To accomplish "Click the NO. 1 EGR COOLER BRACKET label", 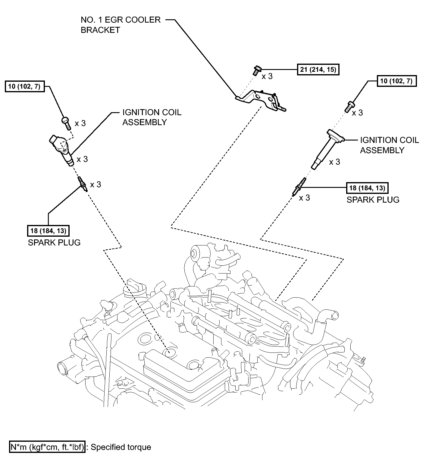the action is pyautogui.click(x=121, y=25).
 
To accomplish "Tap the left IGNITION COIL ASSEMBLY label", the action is pyautogui.click(x=152, y=117).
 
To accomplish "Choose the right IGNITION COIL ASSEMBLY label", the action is pyautogui.click(x=389, y=145).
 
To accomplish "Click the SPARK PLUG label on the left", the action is pyautogui.click(x=54, y=243).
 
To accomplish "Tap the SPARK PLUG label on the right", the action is pyautogui.click(x=373, y=200).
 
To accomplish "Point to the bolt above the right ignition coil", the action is pyautogui.click(x=349, y=107).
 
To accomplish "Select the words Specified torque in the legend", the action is pyautogui.click(x=121, y=447).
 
